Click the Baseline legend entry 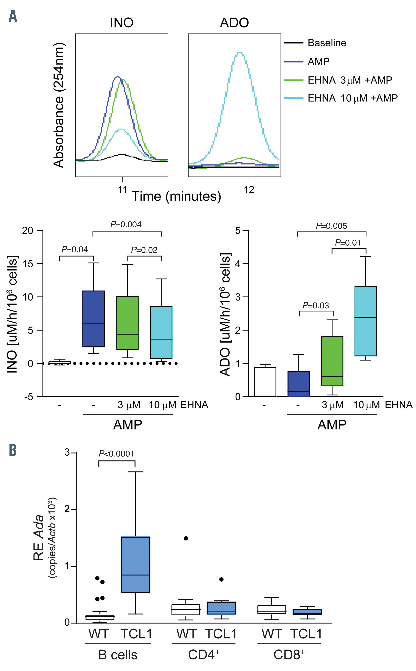pyautogui.click(x=327, y=43)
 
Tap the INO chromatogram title pyautogui.click(x=122, y=22)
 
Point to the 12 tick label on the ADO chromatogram pyautogui.click(x=249, y=190)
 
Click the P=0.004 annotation pyautogui.click(x=126, y=225)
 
